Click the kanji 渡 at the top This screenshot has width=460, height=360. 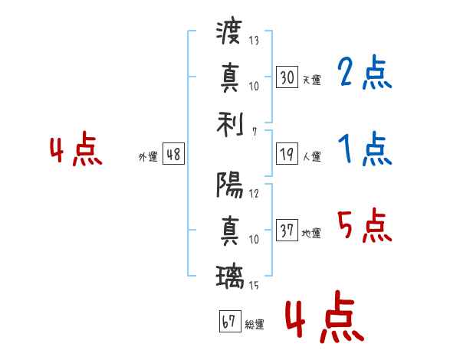click(229, 32)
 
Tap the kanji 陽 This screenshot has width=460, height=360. click(229, 184)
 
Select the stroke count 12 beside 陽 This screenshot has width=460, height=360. click(254, 193)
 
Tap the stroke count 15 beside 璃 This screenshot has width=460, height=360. click(254, 286)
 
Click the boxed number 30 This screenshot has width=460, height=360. click(287, 77)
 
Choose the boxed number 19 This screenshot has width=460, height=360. click(287, 154)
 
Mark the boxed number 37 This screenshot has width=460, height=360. click(287, 231)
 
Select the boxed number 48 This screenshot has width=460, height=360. click(173, 154)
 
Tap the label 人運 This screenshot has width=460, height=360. click(311, 156)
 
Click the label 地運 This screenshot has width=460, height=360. click(311, 233)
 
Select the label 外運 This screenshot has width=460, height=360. click(148, 156)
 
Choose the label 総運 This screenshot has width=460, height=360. click(255, 324)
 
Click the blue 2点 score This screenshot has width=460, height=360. click(365, 74)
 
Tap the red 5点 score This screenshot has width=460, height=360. click(365, 227)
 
